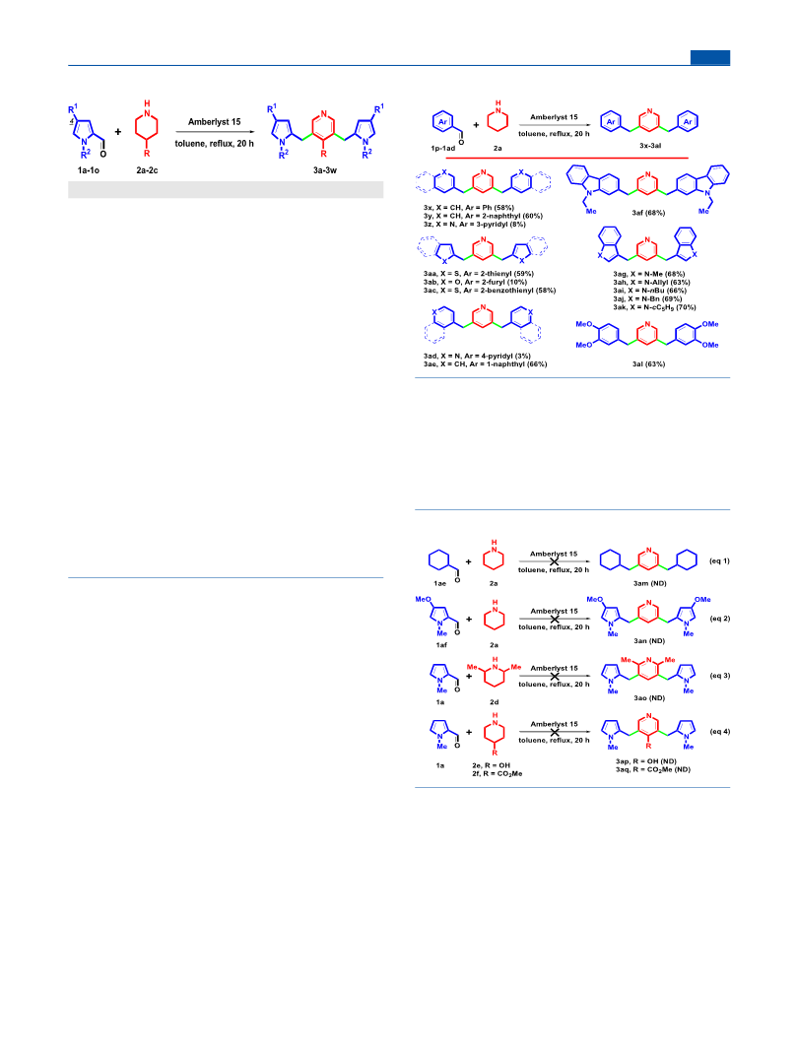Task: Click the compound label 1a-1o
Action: (89, 170)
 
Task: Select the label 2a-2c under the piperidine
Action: (148, 170)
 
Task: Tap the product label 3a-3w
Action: (325, 170)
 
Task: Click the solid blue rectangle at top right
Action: (710, 58)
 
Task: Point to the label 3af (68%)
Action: (648, 213)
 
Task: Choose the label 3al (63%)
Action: (648, 364)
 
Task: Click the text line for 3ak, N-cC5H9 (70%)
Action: (654, 307)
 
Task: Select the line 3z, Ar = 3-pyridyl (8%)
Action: (475, 225)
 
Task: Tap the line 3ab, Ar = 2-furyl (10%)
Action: (475, 282)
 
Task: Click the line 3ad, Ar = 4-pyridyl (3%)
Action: (477, 356)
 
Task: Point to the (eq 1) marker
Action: (719, 561)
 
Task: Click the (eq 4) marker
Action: (719, 731)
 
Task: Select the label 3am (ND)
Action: (649, 583)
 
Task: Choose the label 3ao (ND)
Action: (649, 697)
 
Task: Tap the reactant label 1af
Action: (441, 645)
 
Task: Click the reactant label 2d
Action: (494, 701)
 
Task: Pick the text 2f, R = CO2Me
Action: (497, 773)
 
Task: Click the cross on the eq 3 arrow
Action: (555, 677)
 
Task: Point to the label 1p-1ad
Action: (442, 148)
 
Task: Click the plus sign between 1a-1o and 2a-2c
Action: (118, 131)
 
